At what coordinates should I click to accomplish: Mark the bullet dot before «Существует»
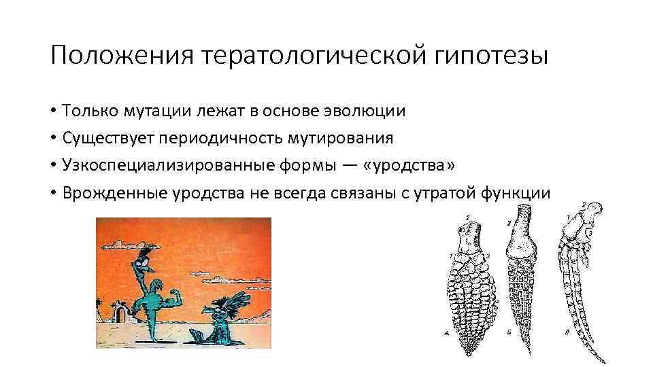52,139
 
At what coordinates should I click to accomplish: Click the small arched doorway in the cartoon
123,313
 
